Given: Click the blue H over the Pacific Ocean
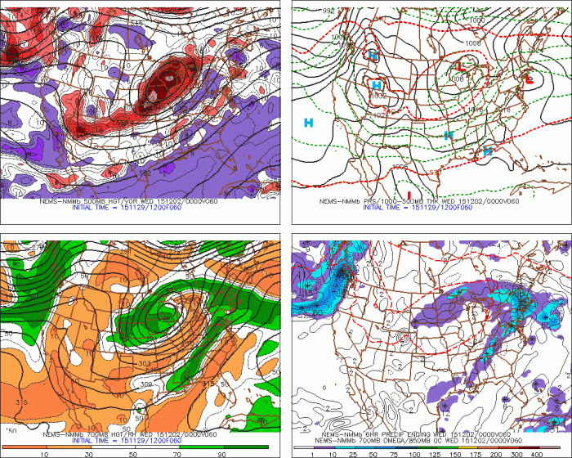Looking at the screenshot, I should pos(309,123).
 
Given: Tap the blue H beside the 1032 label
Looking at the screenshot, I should pos(377,85).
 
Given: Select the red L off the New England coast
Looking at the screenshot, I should pos(530,80).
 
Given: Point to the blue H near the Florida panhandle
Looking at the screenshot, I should pos(487,151).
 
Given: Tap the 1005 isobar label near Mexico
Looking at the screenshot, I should pos(400,166).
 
